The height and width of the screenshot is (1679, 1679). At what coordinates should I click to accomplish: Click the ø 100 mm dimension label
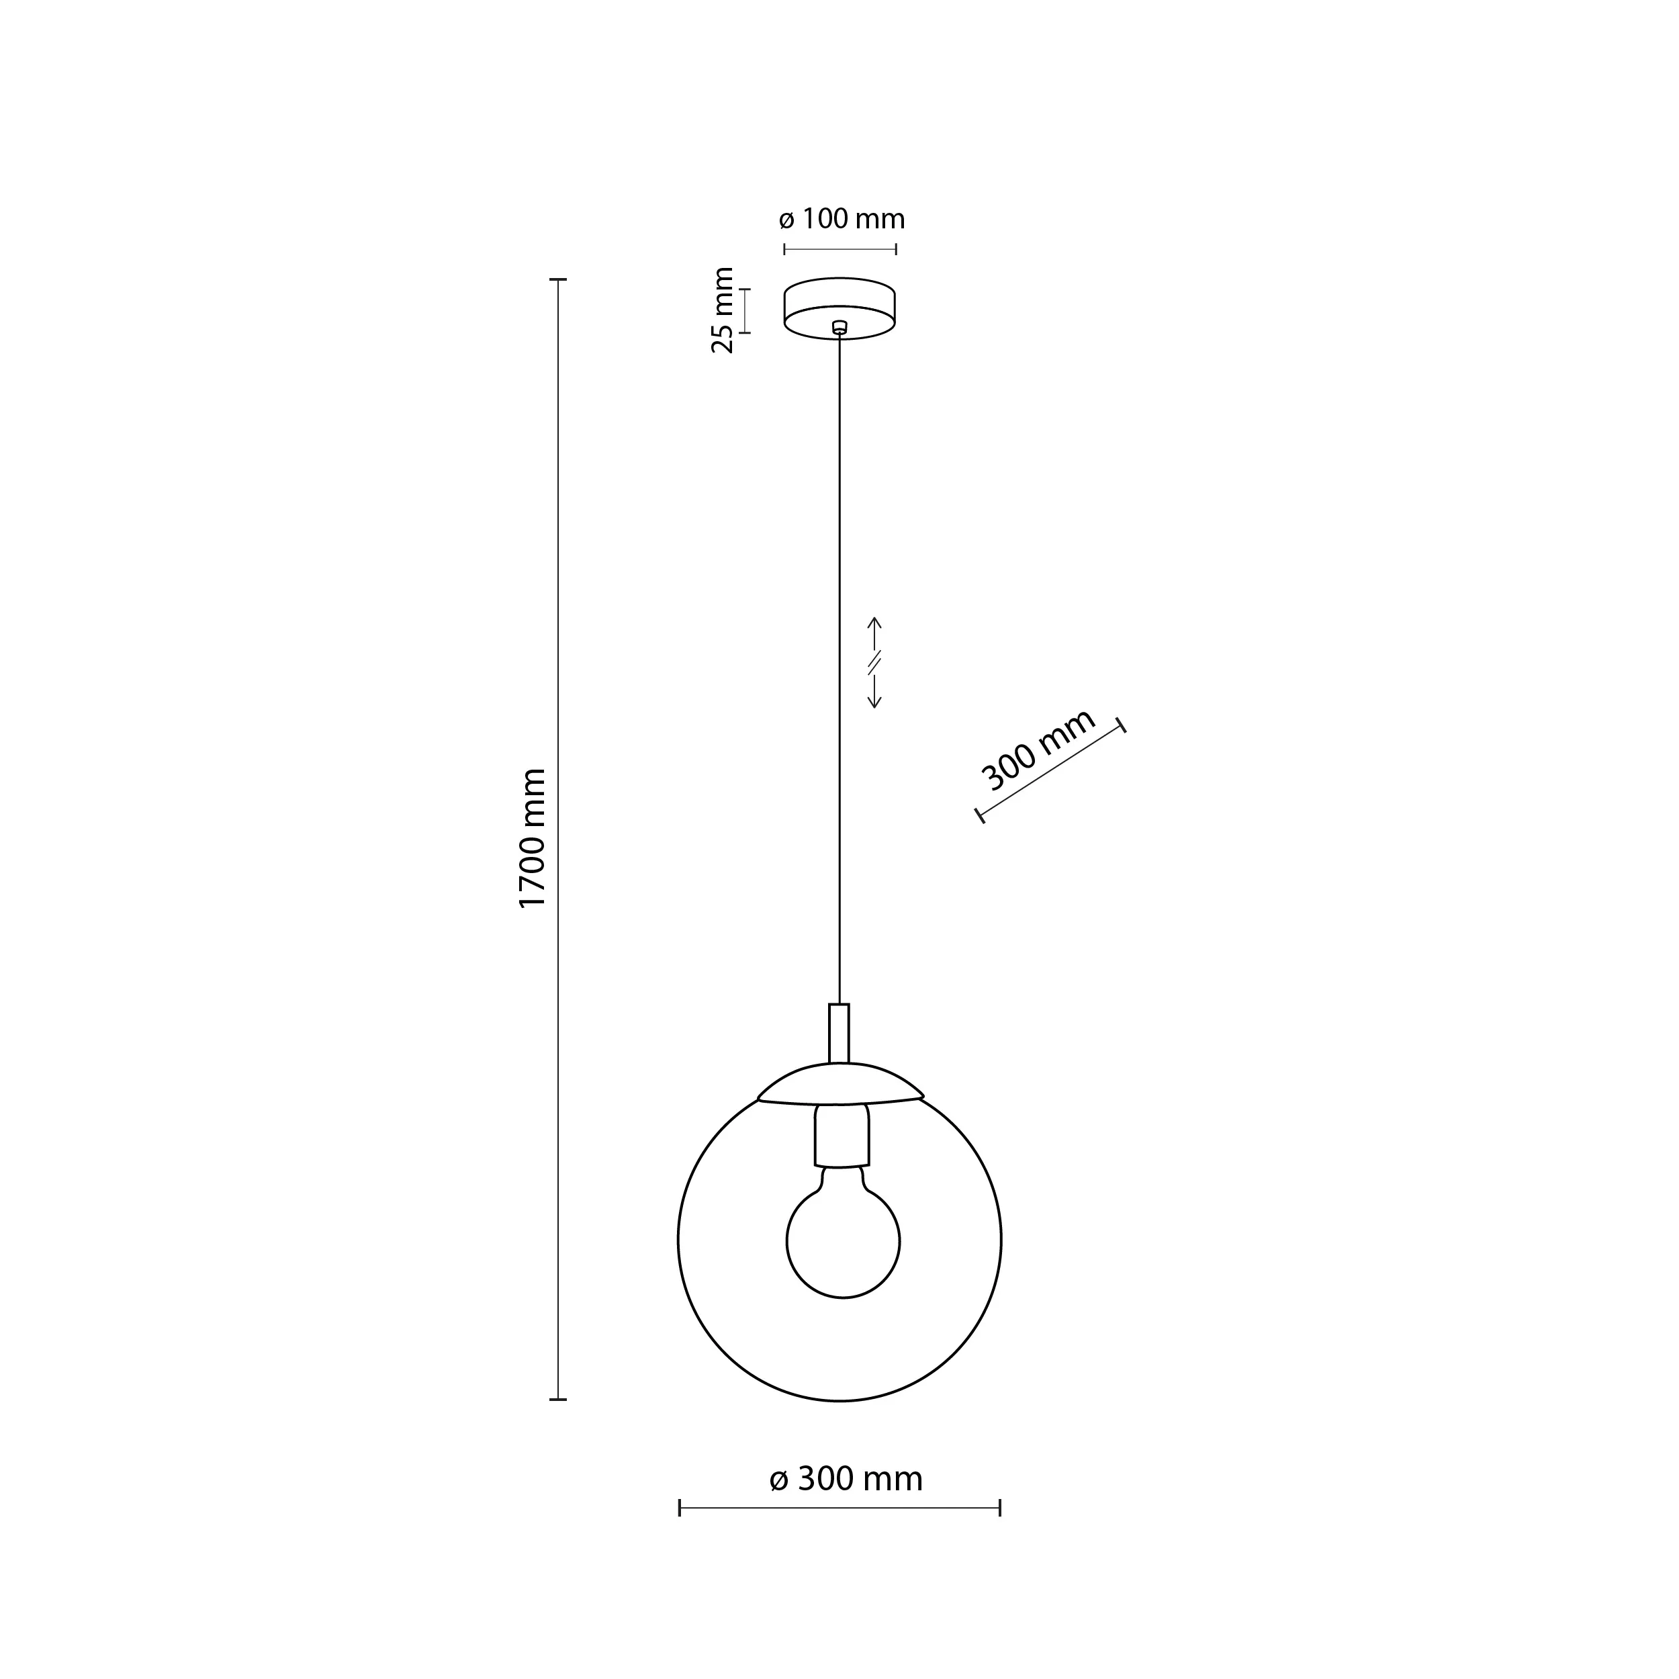click(842, 219)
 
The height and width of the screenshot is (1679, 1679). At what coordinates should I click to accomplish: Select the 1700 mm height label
click(532, 839)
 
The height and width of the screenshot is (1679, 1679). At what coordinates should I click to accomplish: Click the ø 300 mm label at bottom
click(846, 1478)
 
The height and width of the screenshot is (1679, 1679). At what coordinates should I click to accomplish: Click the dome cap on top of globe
click(840, 1085)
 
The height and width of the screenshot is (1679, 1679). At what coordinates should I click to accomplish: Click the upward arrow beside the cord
click(875, 633)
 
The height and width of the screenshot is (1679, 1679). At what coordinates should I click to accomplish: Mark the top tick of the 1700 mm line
click(558, 280)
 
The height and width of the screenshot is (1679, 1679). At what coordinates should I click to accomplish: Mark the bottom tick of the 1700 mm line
click(558, 1399)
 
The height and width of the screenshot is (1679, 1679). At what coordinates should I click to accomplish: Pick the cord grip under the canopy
click(839, 328)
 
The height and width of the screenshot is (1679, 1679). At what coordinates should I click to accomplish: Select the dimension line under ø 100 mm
click(839, 249)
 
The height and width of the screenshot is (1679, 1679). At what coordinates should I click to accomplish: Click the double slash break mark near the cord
click(875, 662)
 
